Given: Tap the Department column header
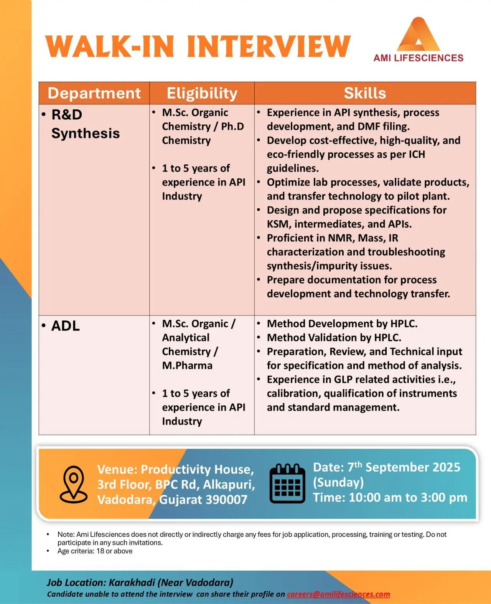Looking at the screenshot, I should (x=94, y=93).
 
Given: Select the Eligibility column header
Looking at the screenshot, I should (x=202, y=93).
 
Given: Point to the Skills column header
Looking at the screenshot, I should (x=365, y=93).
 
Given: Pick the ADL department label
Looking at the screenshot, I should (x=66, y=326).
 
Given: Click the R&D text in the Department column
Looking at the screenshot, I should (x=67, y=114).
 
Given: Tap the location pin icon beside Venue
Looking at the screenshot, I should (x=74, y=484).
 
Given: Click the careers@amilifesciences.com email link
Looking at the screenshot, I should (x=338, y=594).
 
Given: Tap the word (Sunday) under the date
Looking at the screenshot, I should (x=338, y=482).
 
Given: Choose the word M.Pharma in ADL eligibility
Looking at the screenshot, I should (x=187, y=365).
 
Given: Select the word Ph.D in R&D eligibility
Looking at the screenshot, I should (x=232, y=126).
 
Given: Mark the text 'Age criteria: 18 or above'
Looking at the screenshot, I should (x=95, y=551).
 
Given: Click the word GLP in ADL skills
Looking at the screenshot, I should (x=343, y=380).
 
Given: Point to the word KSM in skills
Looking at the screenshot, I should (x=278, y=224).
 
